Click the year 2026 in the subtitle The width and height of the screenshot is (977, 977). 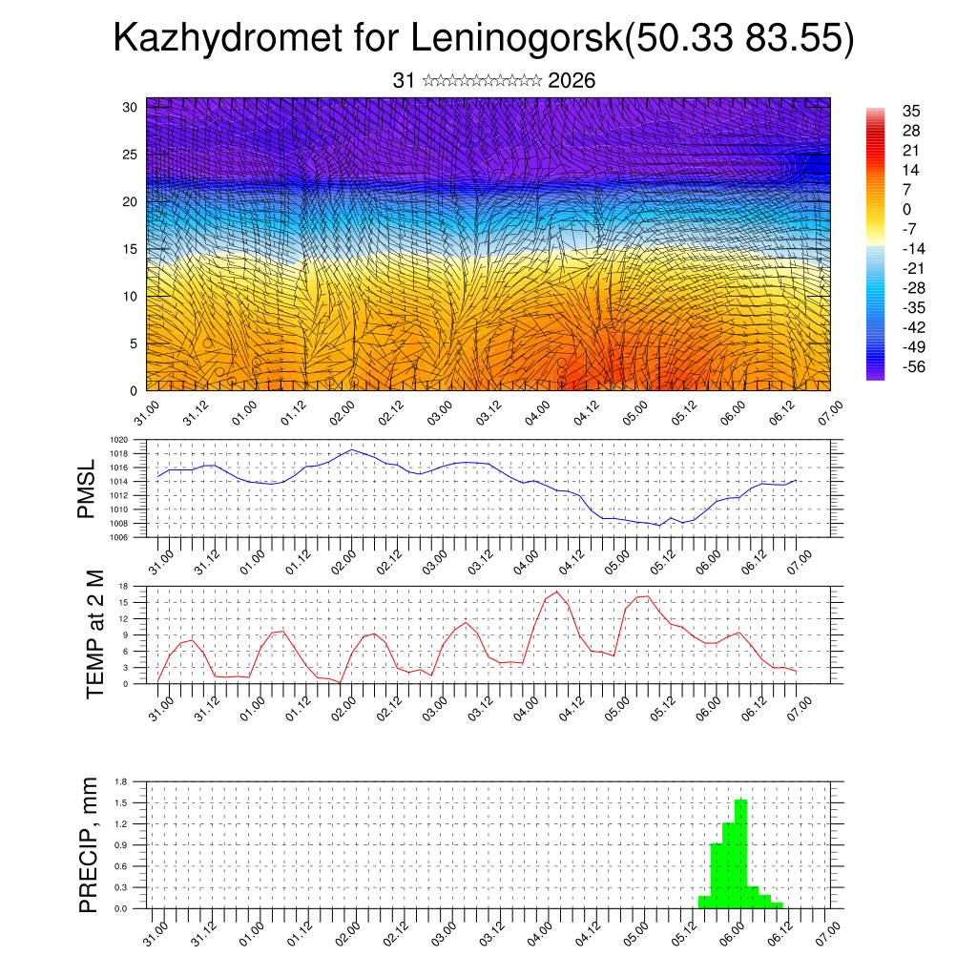572,81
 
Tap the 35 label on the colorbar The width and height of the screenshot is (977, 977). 911,111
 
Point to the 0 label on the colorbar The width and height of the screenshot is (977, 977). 906,209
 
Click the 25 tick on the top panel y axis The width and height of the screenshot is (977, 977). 130,154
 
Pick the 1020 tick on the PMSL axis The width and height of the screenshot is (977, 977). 120,440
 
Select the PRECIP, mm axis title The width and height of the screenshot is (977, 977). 89,843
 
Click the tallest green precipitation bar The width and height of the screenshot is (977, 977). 740,854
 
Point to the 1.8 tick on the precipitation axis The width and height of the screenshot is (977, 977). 121,781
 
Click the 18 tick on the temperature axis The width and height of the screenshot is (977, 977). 124,586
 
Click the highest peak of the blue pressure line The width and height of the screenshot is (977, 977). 352,449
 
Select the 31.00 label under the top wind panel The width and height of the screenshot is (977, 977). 145,413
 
